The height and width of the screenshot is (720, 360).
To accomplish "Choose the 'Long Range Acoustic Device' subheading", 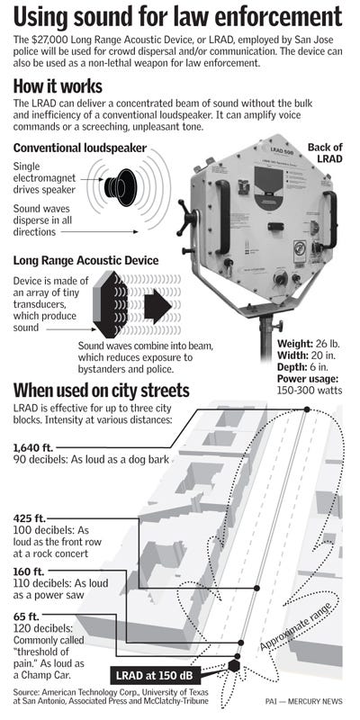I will pyautogui.click(x=86, y=261).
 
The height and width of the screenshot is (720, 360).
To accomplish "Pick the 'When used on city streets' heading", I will pyautogui.click(x=102, y=391).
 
